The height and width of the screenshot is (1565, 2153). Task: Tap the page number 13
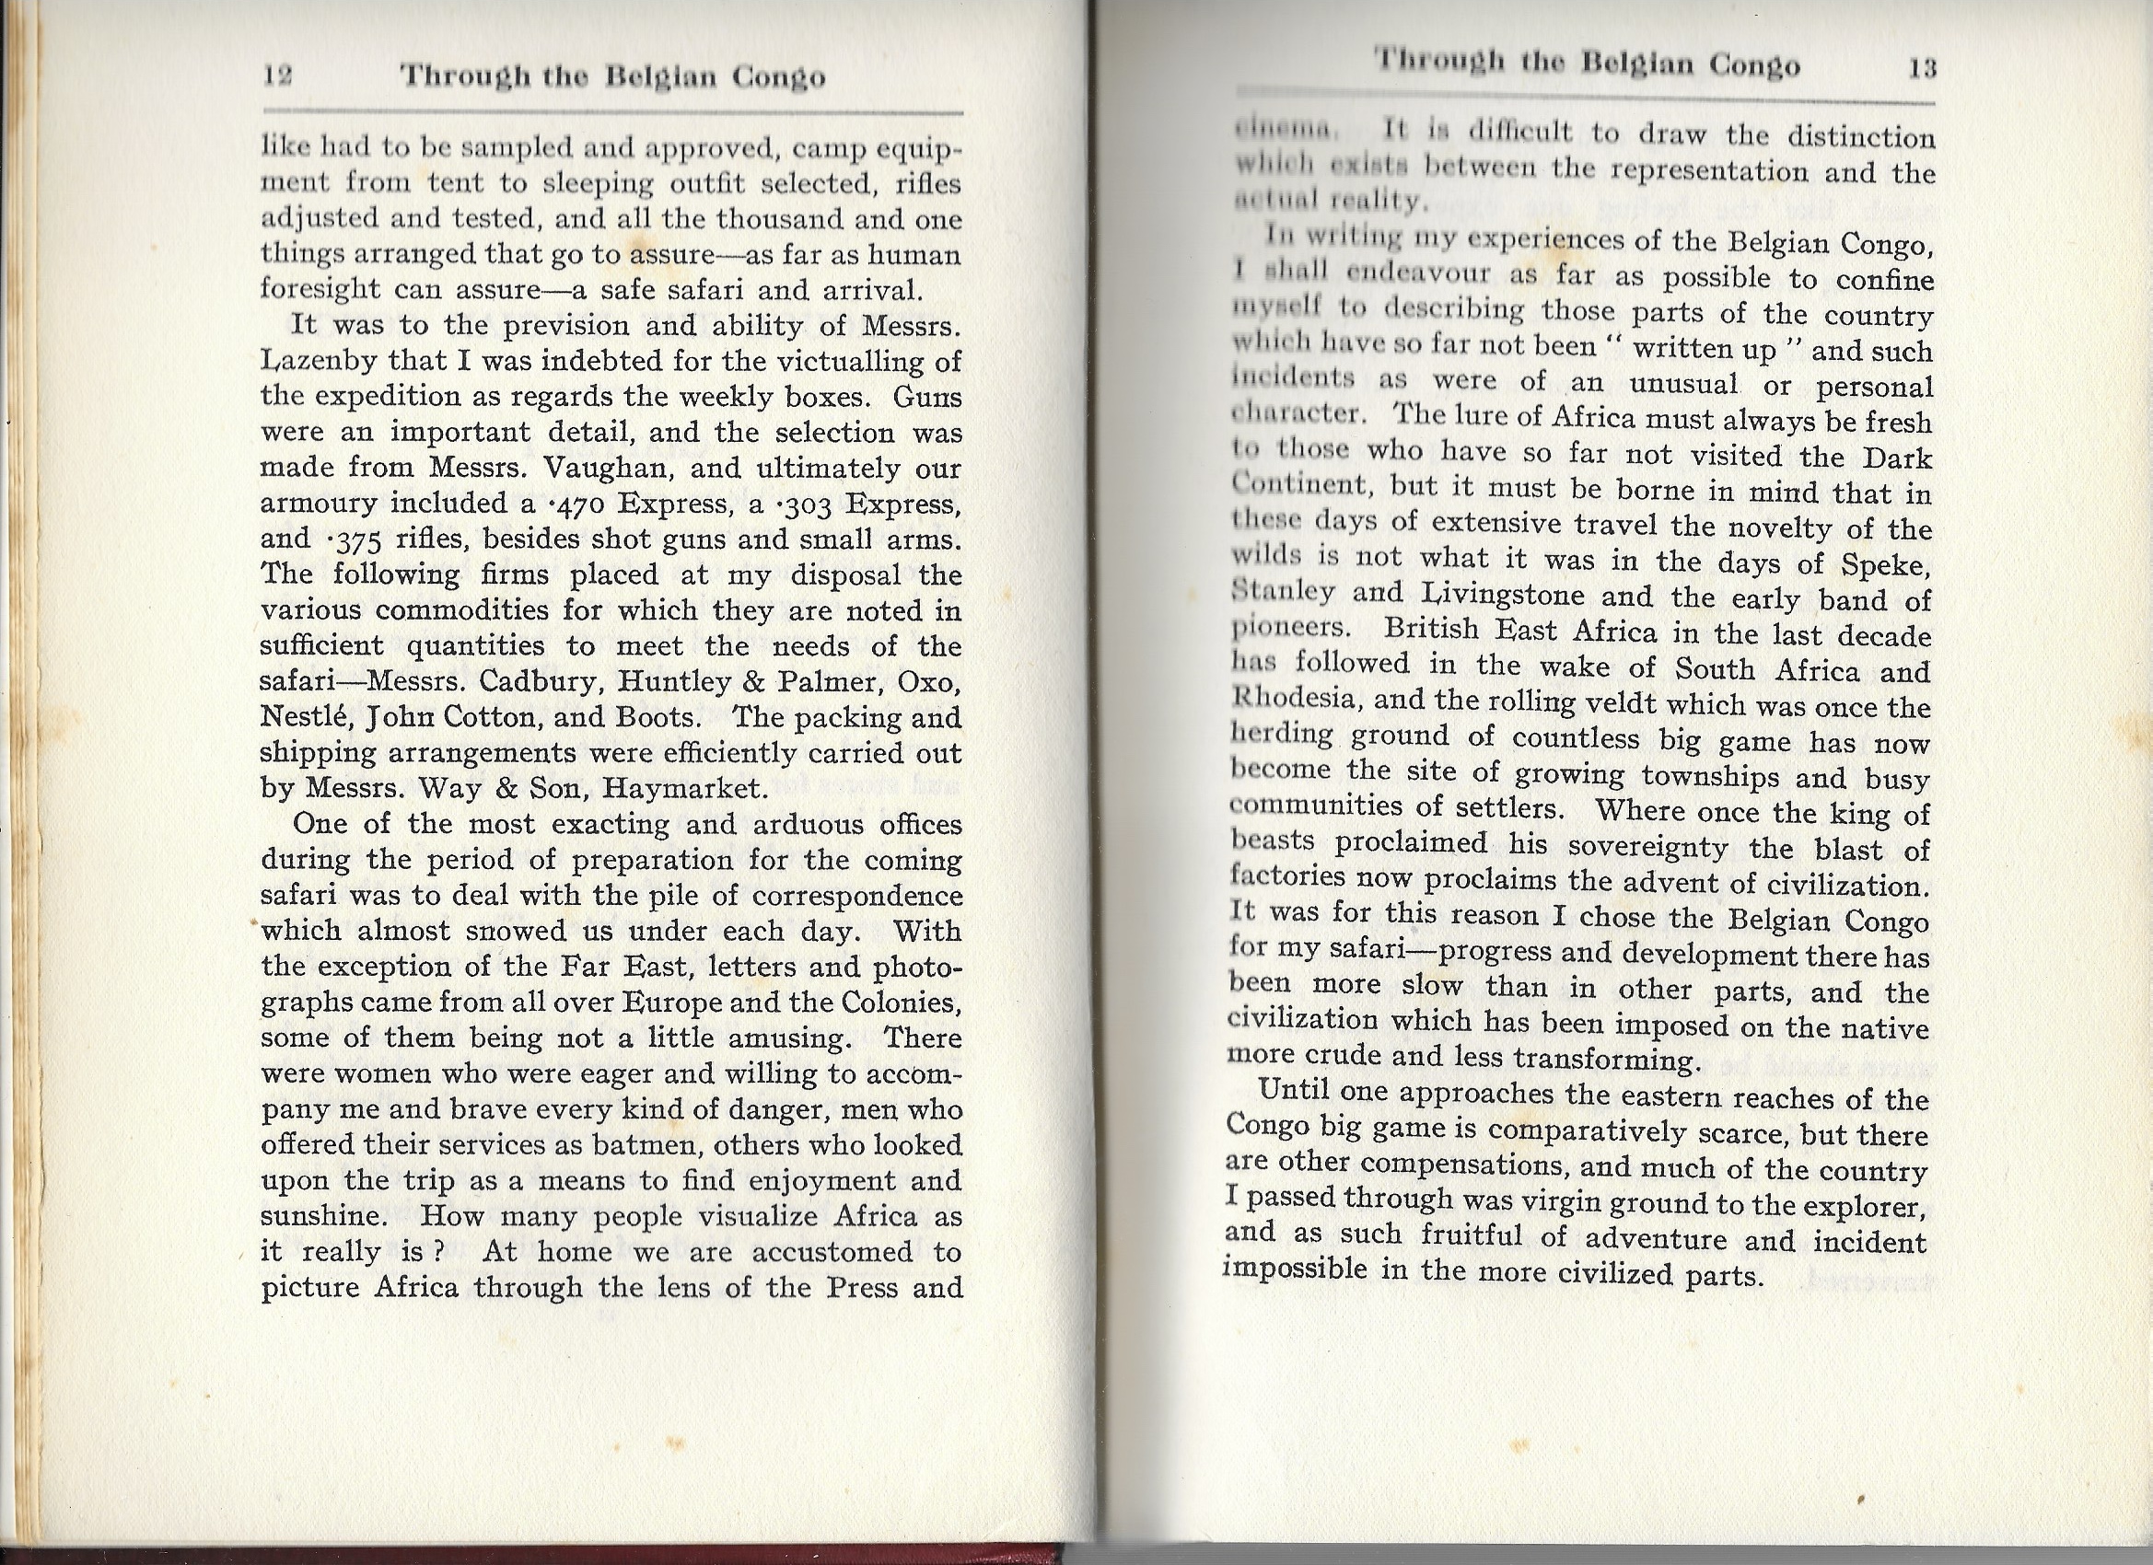tap(1921, 68)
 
